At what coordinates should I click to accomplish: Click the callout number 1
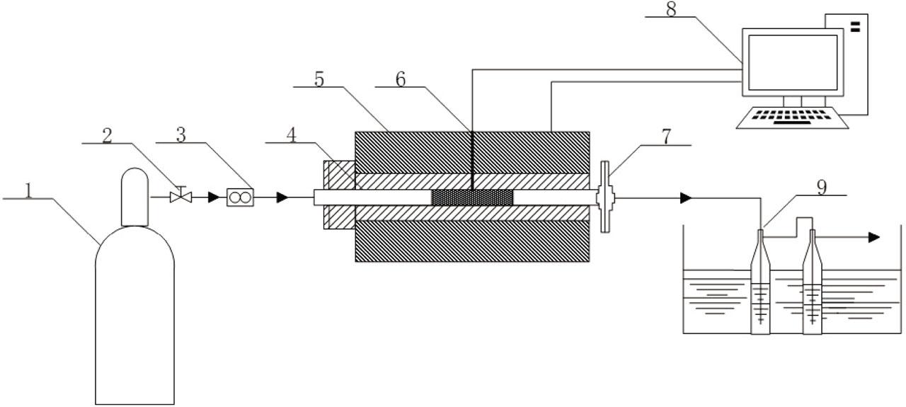click(x=29, y=190)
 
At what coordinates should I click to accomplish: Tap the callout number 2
click(x=107, y=134)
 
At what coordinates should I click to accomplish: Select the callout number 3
click(x=180, y=134)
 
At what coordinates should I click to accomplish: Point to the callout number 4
click(x=292, y=134)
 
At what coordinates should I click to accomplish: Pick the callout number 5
click(x=319, y=79)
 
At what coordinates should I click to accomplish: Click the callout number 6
click(x=401, y=79)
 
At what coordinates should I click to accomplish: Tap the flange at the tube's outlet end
click(x=604, y=197)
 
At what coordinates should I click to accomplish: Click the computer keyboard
click(x=793, y=117)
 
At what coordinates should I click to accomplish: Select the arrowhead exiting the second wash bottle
click(x=874, y=238)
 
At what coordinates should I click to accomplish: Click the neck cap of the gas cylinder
click(x=134, y=196)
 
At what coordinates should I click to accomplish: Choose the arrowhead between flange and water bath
click(x=685, y=198)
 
